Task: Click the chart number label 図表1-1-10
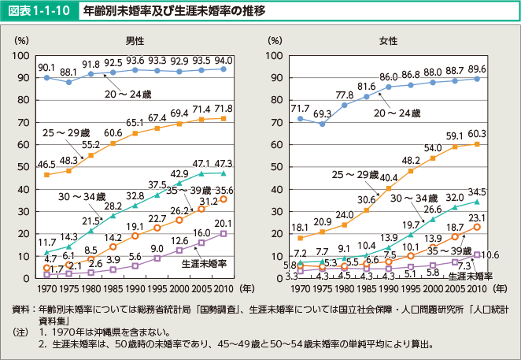click(29, 11)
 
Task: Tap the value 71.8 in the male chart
click(224, 106)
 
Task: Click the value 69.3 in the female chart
click(321, 114)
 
